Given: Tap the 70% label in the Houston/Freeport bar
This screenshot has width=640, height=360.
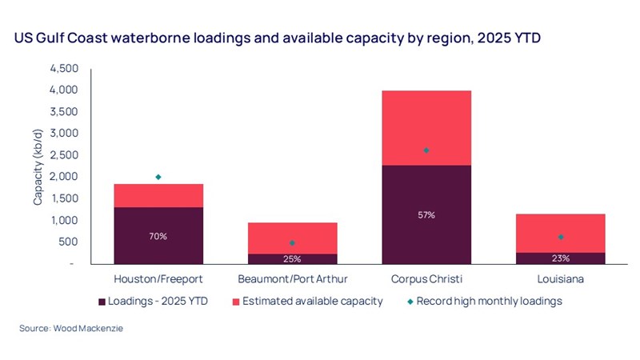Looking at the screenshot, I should click(x=158, y=236).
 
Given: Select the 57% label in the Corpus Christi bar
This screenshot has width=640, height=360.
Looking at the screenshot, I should click(x=426, y=215).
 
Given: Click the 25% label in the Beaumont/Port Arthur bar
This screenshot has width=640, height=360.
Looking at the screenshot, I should click(x=292, y=258).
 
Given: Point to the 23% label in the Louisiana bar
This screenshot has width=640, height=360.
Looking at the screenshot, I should click(x=560, y=258).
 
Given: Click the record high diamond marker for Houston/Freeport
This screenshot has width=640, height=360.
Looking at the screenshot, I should click(x=158, y=177).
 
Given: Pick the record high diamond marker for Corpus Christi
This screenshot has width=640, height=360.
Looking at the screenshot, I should click(x=426, y=150).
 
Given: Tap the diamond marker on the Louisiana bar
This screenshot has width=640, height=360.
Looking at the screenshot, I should click(x=560, y=237).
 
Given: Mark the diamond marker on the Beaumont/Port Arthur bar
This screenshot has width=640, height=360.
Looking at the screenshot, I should click(x=292, y=242).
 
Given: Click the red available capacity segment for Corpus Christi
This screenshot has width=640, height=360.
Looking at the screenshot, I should click(x=426, y=120).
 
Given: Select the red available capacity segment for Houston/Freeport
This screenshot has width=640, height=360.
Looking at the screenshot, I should click(x=158, y=196).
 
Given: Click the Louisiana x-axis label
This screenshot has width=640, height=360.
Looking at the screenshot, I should click(x=560, y=280).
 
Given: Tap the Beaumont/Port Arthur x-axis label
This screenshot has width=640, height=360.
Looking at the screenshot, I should click(x=292, y=280).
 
